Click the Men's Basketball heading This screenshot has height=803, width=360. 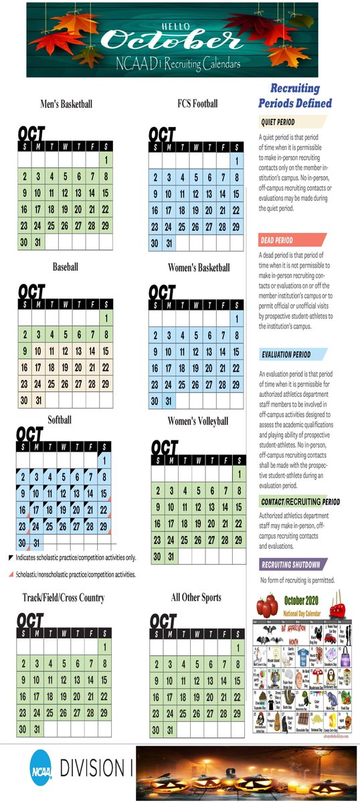pos(66,104)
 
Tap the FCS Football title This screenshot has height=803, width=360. pos(197,104)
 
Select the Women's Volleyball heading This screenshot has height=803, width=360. pos(197,421)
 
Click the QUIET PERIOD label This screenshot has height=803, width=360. pos(278,122)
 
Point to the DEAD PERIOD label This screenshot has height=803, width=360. pos(277,240)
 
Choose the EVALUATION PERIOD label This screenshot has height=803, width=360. pos(286,355)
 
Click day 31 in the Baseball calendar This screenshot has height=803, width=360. pos(38,400)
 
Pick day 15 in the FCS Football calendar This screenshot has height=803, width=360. pos(236,194)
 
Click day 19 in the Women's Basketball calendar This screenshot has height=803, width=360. pos(196,369)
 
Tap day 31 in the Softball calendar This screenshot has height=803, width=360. pos(38,543)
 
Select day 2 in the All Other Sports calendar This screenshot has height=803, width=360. pos(156,664)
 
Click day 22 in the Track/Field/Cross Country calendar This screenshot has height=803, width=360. pos(106,697)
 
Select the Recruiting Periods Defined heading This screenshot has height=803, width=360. pos(295,96)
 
